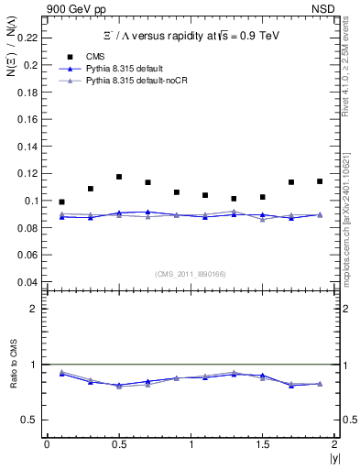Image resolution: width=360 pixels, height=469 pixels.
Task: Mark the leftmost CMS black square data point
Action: click(x=61, y=202)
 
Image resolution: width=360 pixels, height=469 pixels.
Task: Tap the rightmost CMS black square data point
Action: click(x=320, y=181)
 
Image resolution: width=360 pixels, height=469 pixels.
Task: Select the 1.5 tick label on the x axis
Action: click(x=262, y=444)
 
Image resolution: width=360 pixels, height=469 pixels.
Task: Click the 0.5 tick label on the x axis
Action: click(x=118, y=444)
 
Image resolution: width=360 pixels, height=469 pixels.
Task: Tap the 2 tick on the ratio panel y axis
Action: click(x=34, y=309)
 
